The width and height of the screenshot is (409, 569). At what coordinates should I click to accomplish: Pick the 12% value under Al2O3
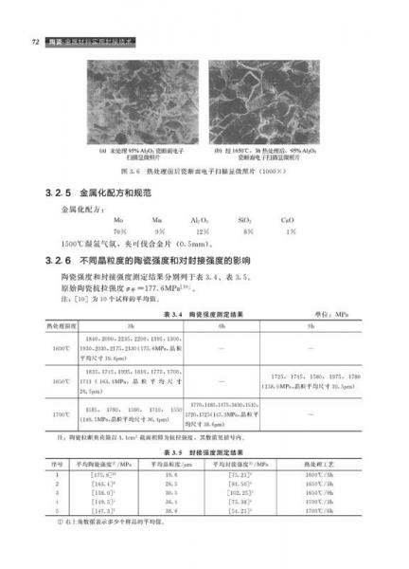(x=201, y=230)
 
